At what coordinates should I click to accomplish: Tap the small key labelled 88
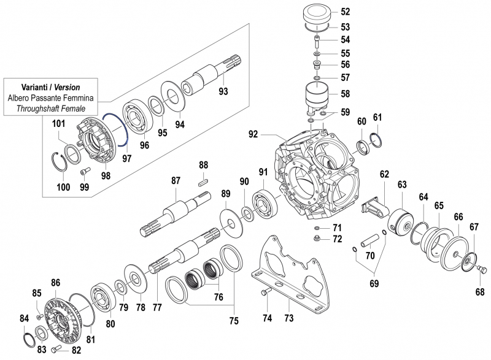204,181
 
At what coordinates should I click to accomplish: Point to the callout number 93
223,92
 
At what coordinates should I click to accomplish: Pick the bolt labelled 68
481,268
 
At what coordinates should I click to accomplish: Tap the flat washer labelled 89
232,220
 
